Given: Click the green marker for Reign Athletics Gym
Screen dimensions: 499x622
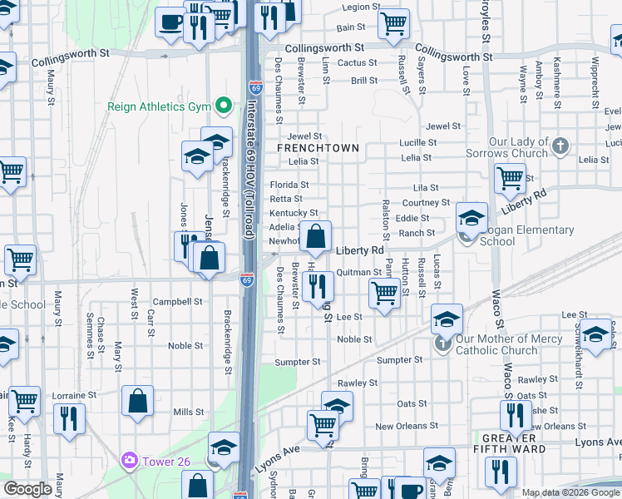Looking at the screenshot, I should (x=223, y=106).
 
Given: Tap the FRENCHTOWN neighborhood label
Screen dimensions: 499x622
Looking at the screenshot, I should (x=318, y=148).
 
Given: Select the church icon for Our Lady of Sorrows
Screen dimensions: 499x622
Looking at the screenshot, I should (x=560, y=146).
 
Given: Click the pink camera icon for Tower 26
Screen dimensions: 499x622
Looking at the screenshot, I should (x=129, y=459).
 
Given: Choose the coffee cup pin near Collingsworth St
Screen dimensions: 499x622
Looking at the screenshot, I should (x=171, y=23).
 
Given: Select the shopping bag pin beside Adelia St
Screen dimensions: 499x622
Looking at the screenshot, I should (x=316, y=238).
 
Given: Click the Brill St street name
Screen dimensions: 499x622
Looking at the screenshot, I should (x=364, y=81).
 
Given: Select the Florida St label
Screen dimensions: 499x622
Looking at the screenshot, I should (x=289, y=185).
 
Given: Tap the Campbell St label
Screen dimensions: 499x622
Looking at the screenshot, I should (x=184, y=302).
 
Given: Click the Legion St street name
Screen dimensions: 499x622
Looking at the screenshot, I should (x=361, y=7).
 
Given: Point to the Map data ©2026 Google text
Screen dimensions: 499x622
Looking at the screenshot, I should (x=570, y=492).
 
